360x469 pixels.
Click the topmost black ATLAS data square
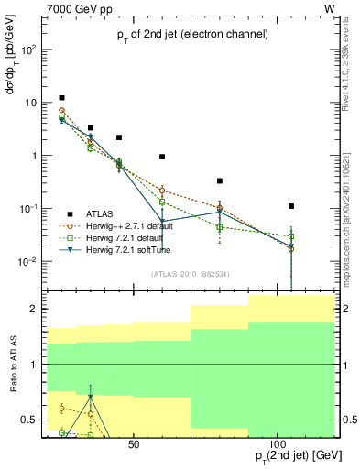(61, 97)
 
